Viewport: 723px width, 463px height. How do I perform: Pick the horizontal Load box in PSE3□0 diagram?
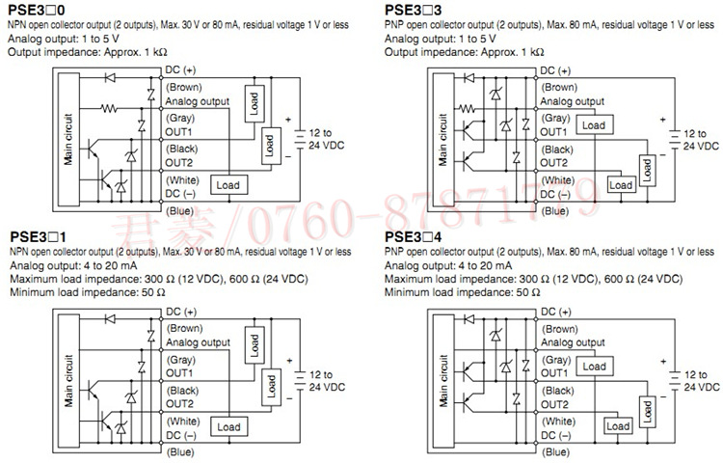point(228,184)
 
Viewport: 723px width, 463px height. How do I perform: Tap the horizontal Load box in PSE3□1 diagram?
point(228,425)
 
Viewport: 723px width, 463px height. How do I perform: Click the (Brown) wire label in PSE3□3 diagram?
point(560,87)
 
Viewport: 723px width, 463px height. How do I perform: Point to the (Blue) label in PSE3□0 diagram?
point(179,210)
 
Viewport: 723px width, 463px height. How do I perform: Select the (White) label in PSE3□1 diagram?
point(182,422)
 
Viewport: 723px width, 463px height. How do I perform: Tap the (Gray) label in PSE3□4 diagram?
point(556,358)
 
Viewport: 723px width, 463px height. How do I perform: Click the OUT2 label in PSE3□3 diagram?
point(555,163)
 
